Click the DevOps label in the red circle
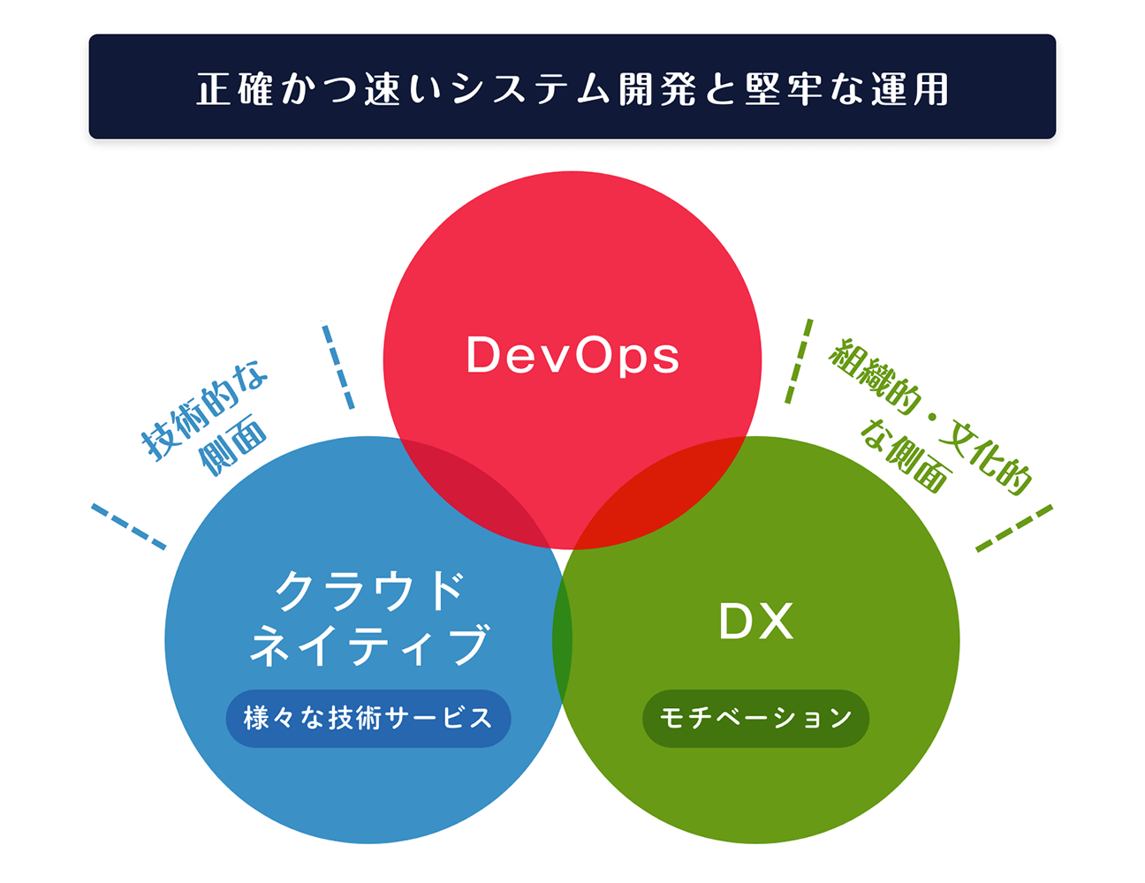click(572, 356)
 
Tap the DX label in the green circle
click(755, 622)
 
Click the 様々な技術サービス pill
click(368, 718)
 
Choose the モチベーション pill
click(755, 718)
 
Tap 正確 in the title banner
click(235, 89)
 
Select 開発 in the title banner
click(657, 89)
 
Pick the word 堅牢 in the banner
click(784, 89)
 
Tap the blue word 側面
click(233, 445)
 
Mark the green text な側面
click(906, 456)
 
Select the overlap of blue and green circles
click(562, 641)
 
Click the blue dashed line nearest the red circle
click(338, 366)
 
